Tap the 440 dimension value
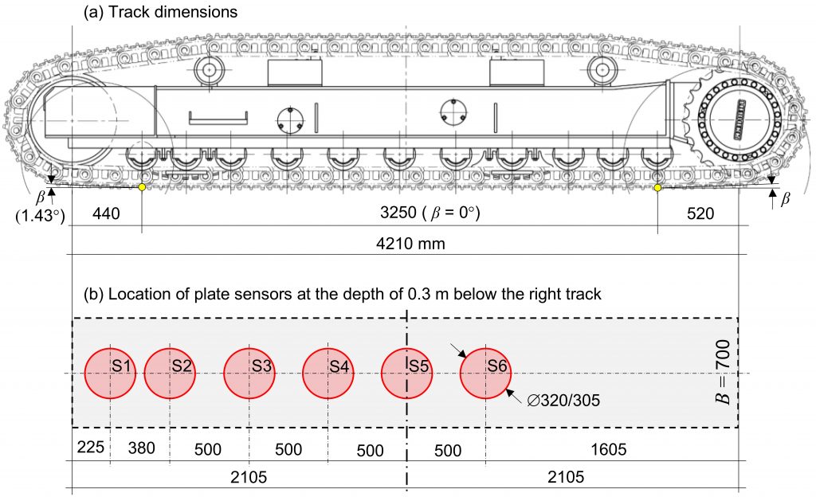pos(108,213)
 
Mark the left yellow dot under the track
pos(142,187)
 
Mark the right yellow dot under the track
pos(657,187)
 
